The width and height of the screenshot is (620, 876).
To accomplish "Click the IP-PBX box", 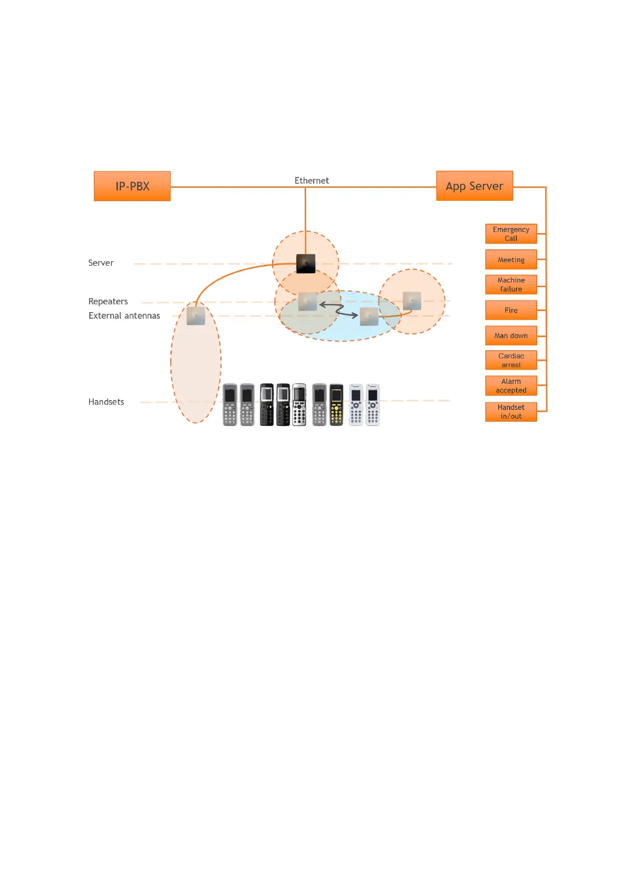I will [132, 186].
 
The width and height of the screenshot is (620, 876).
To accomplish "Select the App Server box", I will [474, 186].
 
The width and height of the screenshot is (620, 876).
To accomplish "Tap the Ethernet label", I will [311, 181].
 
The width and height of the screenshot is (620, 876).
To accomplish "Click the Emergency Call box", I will [511, 234].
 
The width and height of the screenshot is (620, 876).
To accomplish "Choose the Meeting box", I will [511, 260].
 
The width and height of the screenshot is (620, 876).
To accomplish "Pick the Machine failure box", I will [511, 285].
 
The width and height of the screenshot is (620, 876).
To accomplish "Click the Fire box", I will [511, 310].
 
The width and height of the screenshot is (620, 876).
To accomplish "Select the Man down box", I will [511, 336].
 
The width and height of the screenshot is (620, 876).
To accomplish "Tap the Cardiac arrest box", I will [511, 360].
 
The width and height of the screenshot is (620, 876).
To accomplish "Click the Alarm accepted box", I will [511, 385].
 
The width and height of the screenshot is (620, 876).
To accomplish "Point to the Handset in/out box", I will [511, 411].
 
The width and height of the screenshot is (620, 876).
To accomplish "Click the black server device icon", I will [306, 264].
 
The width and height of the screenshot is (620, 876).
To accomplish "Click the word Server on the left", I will [100, 263].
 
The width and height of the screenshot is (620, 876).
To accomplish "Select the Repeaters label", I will [108, 301].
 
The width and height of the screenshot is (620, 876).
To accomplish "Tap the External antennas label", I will [124, 316].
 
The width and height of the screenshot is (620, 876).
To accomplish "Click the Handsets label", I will [106, 402].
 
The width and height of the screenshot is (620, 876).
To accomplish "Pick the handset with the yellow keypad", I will [336, 405].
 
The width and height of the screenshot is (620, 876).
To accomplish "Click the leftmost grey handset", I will [230, 405].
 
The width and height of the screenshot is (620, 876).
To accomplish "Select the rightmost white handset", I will [373, 405].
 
